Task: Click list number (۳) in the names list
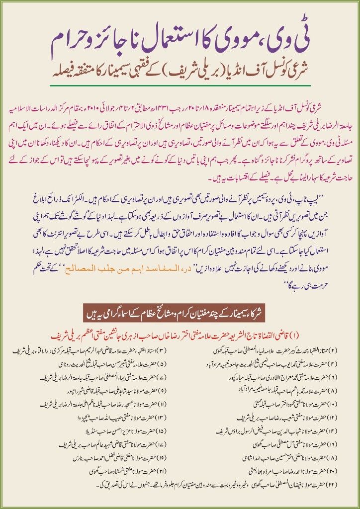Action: pyautogui.click(x=175, y=341)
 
